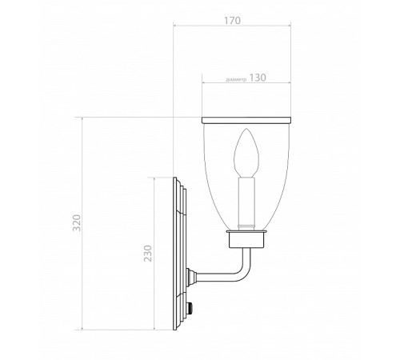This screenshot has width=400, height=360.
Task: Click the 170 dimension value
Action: [232, 21]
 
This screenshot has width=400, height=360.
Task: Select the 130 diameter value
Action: [258, 78]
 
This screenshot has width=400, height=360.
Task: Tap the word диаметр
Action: [236, 80]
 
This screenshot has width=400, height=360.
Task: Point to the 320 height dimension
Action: [77, 222]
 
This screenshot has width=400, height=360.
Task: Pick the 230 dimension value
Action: [148, 254]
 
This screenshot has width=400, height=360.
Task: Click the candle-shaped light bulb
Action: [246, 153]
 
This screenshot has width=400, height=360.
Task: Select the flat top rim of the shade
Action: [246, 120]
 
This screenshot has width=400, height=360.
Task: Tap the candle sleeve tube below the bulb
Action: [246, 202]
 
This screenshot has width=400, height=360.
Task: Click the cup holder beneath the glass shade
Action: [246, 239]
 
